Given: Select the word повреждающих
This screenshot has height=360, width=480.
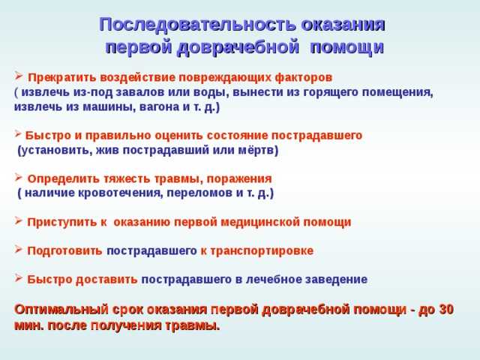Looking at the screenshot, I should coord(241,77).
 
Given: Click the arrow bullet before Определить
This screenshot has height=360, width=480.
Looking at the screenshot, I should coord(18,178).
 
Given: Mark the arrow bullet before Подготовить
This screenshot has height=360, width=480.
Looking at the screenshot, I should coord(18,250).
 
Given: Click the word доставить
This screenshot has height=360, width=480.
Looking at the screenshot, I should coord(105,279).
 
